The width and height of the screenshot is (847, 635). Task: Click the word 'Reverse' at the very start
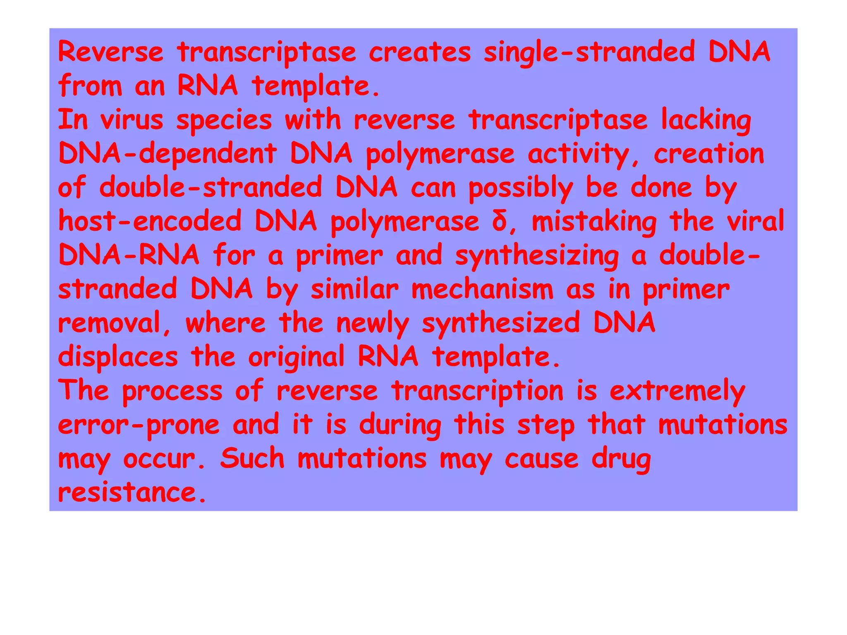point(110,53)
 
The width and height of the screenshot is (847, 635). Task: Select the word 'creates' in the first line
point(419,53)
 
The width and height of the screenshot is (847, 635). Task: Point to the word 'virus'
point(132,120)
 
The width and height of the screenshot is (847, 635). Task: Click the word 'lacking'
point(706,121)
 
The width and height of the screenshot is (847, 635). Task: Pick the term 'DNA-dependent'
point(167,154)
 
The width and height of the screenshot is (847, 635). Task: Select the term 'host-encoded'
point(150,221)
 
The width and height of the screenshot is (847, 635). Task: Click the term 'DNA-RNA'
point(129,255)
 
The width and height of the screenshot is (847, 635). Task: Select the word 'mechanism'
point(482,289)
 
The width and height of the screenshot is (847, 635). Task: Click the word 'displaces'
point(118,357)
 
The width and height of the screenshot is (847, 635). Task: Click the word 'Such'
point(252,458)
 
